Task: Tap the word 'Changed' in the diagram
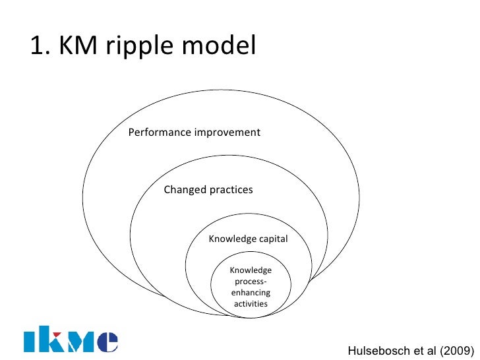[184, 190]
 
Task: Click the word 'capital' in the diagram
[272, 239]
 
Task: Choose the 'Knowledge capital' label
[248, 239]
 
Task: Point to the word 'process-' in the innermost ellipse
[251, 282]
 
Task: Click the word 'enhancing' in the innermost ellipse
[251, 293]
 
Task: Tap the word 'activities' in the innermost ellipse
[251, 304]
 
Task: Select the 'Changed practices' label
[208, 190]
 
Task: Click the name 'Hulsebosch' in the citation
[374, 351]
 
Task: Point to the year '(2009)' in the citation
[456, 351]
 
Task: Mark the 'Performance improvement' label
[194, 133]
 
